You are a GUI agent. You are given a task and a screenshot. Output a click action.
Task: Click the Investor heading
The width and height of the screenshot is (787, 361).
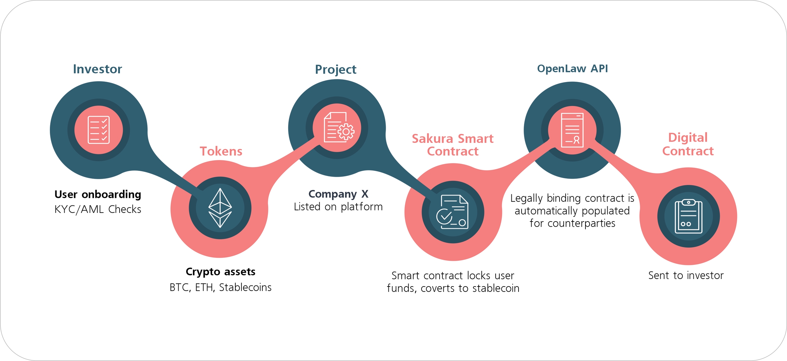tap(97, 69)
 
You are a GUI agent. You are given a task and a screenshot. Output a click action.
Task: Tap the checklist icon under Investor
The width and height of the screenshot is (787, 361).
tap(99, 130)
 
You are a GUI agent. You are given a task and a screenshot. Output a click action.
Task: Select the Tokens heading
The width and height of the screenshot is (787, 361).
tap(221, 151)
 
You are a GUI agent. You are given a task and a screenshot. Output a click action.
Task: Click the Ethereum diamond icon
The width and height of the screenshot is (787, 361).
tap(220, 208)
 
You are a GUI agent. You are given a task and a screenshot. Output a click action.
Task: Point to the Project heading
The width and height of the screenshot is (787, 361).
tap(335, 69)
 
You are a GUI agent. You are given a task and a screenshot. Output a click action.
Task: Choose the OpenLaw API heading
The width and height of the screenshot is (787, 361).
tap(572, 69)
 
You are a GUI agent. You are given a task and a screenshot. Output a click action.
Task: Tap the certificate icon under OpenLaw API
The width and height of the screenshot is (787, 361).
tap(572, 130)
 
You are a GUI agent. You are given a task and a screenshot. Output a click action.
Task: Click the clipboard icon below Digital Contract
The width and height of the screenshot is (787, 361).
tap(688, 216)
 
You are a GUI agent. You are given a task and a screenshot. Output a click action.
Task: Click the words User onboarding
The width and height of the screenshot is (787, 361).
tap(98, 194)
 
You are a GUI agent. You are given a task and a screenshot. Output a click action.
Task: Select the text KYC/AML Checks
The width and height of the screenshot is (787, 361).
tap(98, 209)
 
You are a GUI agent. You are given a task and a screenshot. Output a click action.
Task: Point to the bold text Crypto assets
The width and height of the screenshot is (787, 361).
tap(220, 272)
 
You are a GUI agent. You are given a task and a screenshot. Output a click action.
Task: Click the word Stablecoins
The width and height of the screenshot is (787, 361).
tap(245, 288)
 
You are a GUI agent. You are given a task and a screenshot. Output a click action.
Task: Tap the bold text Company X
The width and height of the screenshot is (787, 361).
tap(338, 194)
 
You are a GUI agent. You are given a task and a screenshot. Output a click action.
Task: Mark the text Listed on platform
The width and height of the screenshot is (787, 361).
tap(338, 207)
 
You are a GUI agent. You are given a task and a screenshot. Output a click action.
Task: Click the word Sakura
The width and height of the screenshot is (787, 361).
tap(432, 138)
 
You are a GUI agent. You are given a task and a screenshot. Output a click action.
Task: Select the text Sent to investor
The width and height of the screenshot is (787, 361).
tap(686, 275)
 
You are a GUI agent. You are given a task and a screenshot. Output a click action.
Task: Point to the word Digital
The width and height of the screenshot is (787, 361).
tap(688, 137)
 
